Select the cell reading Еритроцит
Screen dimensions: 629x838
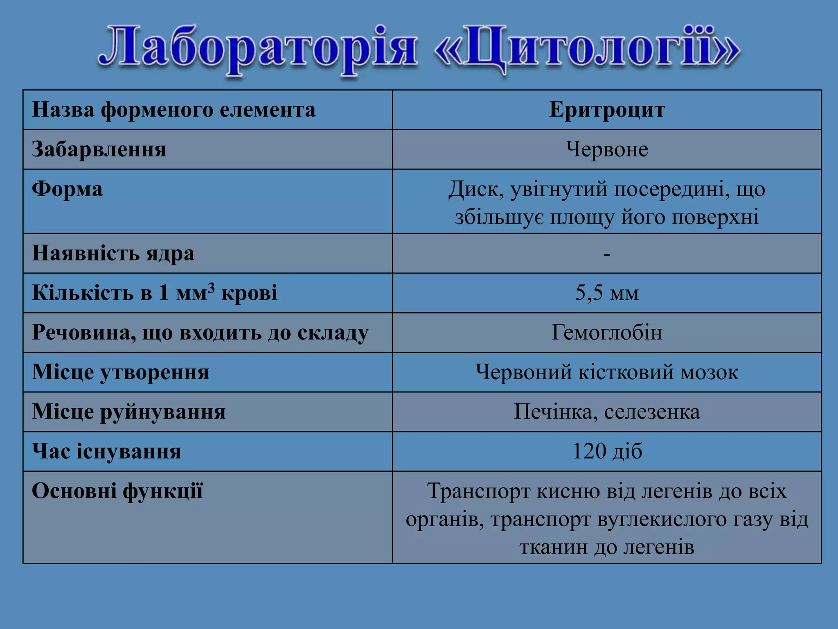[x=607, y=110]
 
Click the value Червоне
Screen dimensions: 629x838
[x=607, y=149]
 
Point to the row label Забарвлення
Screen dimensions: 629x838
[x=99, y=149]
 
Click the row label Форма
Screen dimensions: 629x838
[x=67, y=189]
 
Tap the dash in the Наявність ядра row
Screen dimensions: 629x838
[x=607, y=254]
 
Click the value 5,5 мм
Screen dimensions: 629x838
[x=607, y=293]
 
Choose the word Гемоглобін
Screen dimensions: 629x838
[x=607, y=333]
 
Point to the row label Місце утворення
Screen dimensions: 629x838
[x=120, y=372]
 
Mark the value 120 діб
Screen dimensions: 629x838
[x=607, y=451]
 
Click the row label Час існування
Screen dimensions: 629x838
[x=106, y=451]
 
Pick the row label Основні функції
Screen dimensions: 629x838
[x=117, y=491]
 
